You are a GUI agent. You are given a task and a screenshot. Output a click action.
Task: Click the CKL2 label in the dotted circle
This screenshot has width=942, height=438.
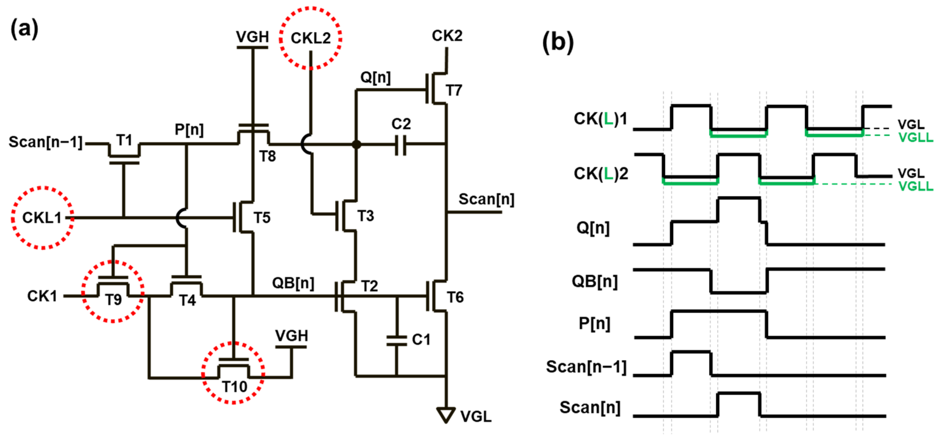310,38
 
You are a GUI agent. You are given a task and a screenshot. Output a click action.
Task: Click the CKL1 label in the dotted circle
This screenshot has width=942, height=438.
42,218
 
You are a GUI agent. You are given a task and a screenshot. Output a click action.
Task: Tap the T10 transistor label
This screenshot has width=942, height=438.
234,386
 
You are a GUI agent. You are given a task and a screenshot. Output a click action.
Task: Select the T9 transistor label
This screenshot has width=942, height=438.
113,300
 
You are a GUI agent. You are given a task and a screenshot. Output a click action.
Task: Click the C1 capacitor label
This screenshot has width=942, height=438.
421,340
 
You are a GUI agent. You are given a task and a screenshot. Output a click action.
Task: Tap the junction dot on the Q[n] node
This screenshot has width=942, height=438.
356,144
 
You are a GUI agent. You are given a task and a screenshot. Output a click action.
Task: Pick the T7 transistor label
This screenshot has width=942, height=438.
454,90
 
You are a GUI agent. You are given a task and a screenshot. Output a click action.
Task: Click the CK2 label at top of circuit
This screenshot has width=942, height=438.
447,36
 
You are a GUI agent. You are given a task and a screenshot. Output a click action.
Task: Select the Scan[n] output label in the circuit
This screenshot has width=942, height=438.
486,199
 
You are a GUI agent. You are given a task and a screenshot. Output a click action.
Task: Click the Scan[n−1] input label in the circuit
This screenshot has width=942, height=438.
46,142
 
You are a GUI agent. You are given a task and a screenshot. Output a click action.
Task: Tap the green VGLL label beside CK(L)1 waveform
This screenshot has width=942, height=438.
915,138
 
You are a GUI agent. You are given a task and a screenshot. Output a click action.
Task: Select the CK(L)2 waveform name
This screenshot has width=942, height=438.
600,173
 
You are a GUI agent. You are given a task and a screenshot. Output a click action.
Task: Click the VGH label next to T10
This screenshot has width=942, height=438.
292,335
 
